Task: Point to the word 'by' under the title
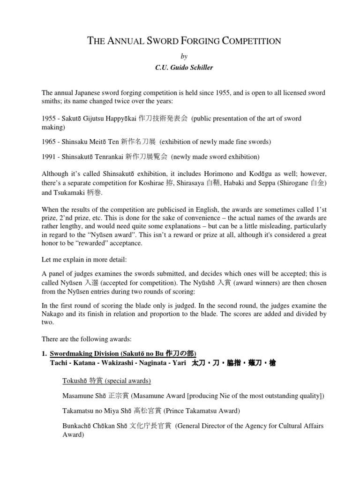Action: tap(184, 56)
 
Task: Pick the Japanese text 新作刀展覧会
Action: tap(152, 156)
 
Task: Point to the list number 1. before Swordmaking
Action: tap(45, 353)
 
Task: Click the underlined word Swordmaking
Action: tap(72, 353)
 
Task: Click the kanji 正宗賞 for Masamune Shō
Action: tap(119, 396)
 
